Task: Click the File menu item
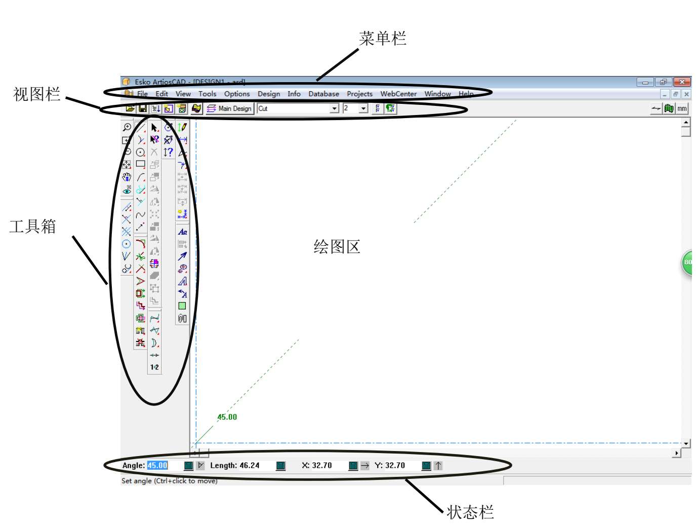pyautogui.click(x=142, y=94)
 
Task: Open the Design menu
pyautogui.click(x=268, y=94)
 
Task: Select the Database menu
pyautogui.click(x=323, y=94)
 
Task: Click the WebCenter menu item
pyautogui.click(x=398, y=94)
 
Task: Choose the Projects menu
pyautogui.click(x=359, y=94)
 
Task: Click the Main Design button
pyautogui.click(x=229, y=108)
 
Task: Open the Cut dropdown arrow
pyautogui.click(x=334, y=108)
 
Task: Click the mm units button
pyautogui.click(x=682, y=108)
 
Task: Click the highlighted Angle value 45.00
pyautogui.click(x=157, y=465)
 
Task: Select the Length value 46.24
pyautogui.click(x=249, y=465)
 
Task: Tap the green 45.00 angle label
pyautogui.click(x=227, y=417)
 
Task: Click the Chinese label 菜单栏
pyautogui.click(x=383, y=39)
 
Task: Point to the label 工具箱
pyautogui.click(x=32, y=227)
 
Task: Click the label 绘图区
pyautogui.click(x=337, y=247)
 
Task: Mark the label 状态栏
pyautogui.click(x=470, y=512)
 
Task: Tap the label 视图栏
pyautogui.click(x=36, y=94)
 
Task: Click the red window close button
pyautogui.click(x=682, y=82)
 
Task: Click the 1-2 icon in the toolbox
pyautogui.click(x=154, y=367)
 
